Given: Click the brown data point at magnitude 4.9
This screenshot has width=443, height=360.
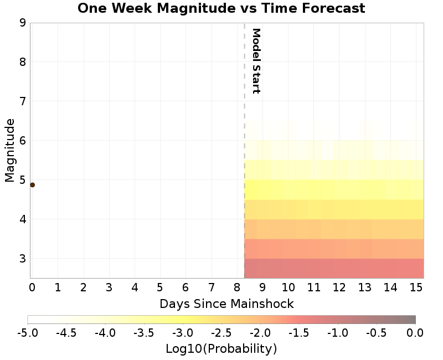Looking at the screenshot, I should (x=32, y=185).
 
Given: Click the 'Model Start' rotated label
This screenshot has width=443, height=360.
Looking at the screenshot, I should (x=256, y=61).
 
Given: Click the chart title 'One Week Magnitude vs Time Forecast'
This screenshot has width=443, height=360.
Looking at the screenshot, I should (x=221, y=8).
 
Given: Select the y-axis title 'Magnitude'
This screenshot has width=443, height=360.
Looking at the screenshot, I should (x=9, y=153).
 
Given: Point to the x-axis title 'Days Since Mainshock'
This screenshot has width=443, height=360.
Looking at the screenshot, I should (x=226, y=304).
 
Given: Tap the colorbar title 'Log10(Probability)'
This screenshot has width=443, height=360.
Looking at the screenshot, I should (x=221, y=349).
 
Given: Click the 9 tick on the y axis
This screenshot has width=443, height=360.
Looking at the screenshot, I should (x=23, y=23).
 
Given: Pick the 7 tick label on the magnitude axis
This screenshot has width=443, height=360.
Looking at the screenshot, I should (x=23, y=101).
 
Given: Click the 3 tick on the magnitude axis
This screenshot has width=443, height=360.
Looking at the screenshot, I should (x=23, y=259).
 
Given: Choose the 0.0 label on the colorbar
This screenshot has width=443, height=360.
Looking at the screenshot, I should (x=415, y=332).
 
